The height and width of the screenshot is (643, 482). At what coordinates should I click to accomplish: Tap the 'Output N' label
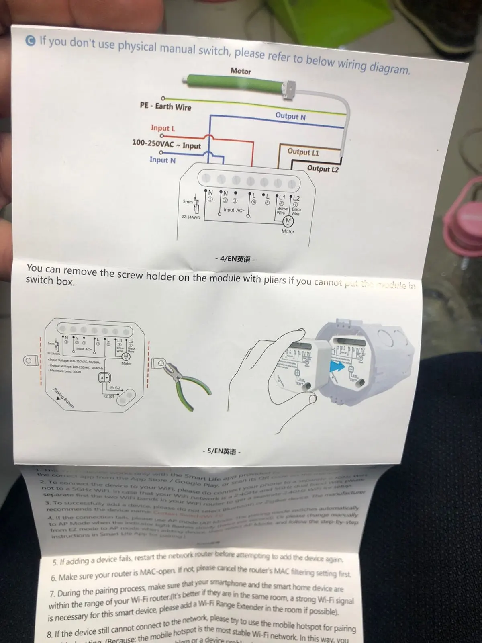coord(290,117)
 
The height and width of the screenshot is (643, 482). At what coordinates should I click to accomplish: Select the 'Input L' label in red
coord(163,128)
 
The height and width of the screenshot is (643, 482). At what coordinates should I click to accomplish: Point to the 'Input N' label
coord(162,160)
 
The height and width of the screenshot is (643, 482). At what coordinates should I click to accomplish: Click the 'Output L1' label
coord(303,152)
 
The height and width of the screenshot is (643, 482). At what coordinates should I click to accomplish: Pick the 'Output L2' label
coord(323,169)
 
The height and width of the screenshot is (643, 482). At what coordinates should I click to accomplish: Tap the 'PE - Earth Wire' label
coord(165,106)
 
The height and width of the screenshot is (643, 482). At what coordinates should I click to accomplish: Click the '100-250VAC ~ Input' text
coord(166,144)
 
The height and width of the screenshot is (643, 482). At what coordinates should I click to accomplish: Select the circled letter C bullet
coord(31,41)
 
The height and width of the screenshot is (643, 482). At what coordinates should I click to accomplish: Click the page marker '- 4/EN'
coord(235,259)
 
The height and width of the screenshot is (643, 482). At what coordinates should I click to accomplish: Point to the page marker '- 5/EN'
coord(221,451)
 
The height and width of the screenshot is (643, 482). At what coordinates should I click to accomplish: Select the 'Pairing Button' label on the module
coord(64,398)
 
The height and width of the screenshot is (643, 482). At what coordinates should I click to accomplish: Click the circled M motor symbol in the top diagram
coord(288,221)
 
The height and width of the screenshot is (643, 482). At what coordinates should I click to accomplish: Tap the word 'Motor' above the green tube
coord(241,71)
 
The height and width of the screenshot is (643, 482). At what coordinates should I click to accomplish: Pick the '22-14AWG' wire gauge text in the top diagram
coord(190,217)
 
